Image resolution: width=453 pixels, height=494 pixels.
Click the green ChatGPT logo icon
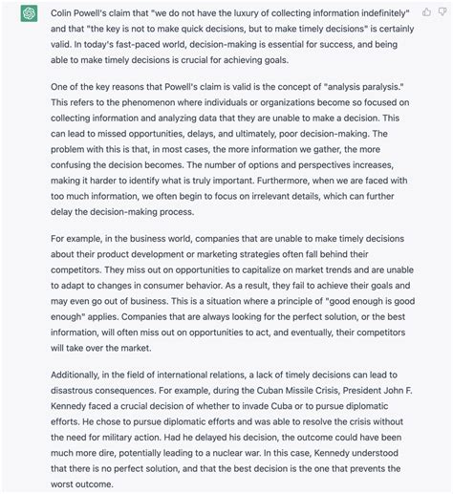[x=20, y=14]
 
